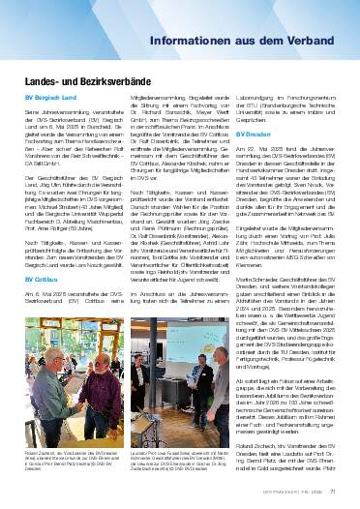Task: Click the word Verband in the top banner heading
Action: coord(306,44)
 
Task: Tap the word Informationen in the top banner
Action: coord(200,44)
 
